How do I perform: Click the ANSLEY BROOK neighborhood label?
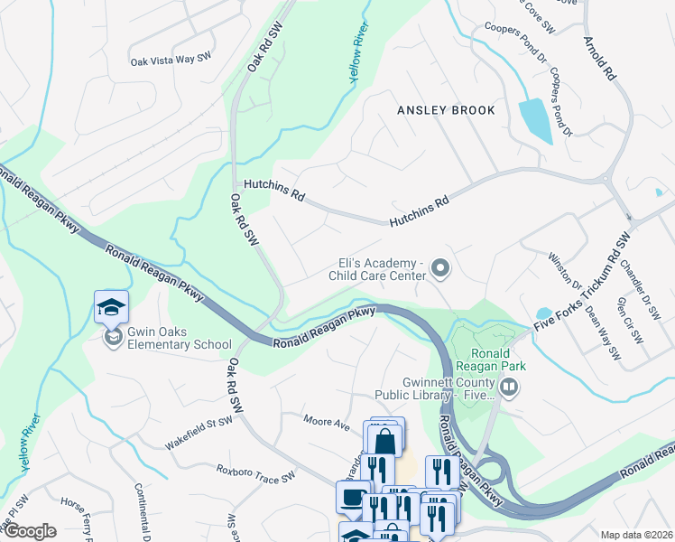pos(447,110)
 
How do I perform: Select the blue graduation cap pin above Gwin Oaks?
pos(111,308)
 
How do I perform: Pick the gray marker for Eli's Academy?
pos(440,267)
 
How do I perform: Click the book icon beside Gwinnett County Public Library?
pos(510,388)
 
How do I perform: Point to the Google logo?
pos(29,531)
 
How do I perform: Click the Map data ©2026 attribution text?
pos(635,535)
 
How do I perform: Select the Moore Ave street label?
pos(326,422)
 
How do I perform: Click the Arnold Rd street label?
pos(600,59)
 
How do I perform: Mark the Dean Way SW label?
pos(602,332)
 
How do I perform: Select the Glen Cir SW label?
pos(628,321)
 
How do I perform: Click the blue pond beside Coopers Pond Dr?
pos(536,121)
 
